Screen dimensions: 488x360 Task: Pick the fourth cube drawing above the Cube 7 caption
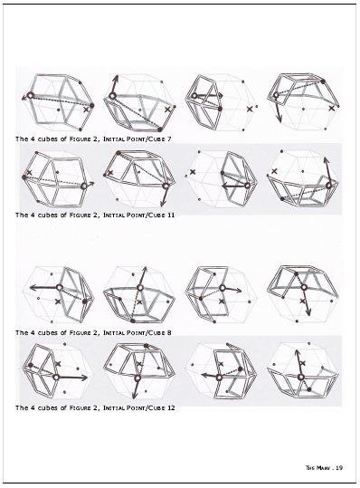tap(303, 102)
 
